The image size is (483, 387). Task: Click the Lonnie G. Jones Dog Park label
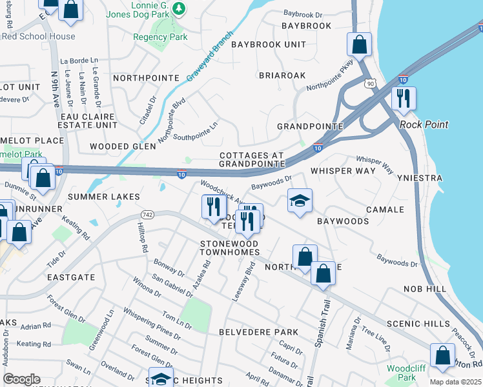(149, 14)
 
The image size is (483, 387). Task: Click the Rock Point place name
(424, 124)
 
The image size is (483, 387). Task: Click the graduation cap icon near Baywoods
(300, 201)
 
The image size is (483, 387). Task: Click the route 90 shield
(369, 83)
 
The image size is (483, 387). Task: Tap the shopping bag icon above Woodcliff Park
(442, 355)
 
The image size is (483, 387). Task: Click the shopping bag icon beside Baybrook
(359, 45)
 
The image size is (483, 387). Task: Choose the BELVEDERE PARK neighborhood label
(258, 332)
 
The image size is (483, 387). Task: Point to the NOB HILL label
(425, 289)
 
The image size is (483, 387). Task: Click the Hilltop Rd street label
(143, 238)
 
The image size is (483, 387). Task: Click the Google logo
(21, 379)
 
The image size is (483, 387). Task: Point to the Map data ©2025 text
(455, 382)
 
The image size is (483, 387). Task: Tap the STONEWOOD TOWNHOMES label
(229, 248)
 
